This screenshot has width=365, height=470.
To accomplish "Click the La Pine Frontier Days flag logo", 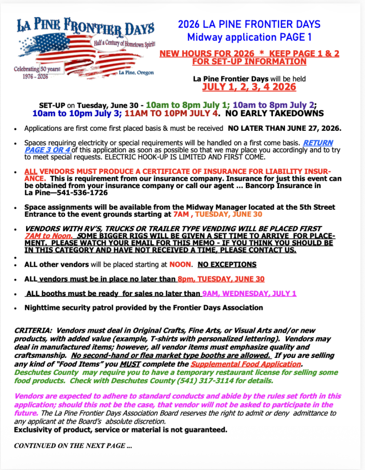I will (85, 48).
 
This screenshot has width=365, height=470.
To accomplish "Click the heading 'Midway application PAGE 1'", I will (249, 37).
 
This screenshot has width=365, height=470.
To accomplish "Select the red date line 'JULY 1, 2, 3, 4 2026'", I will (249, 87).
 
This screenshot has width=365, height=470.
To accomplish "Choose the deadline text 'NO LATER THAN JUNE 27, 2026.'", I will (284, 129).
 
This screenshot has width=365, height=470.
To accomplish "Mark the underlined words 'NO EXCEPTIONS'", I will (227, 265).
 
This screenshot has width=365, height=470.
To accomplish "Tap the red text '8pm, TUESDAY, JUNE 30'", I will (221, 279).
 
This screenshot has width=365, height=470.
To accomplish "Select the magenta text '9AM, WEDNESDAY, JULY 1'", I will (249, 293).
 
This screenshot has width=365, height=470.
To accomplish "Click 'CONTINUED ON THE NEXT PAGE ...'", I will (73, 446).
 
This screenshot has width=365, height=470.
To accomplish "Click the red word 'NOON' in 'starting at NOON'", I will (180, 265).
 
